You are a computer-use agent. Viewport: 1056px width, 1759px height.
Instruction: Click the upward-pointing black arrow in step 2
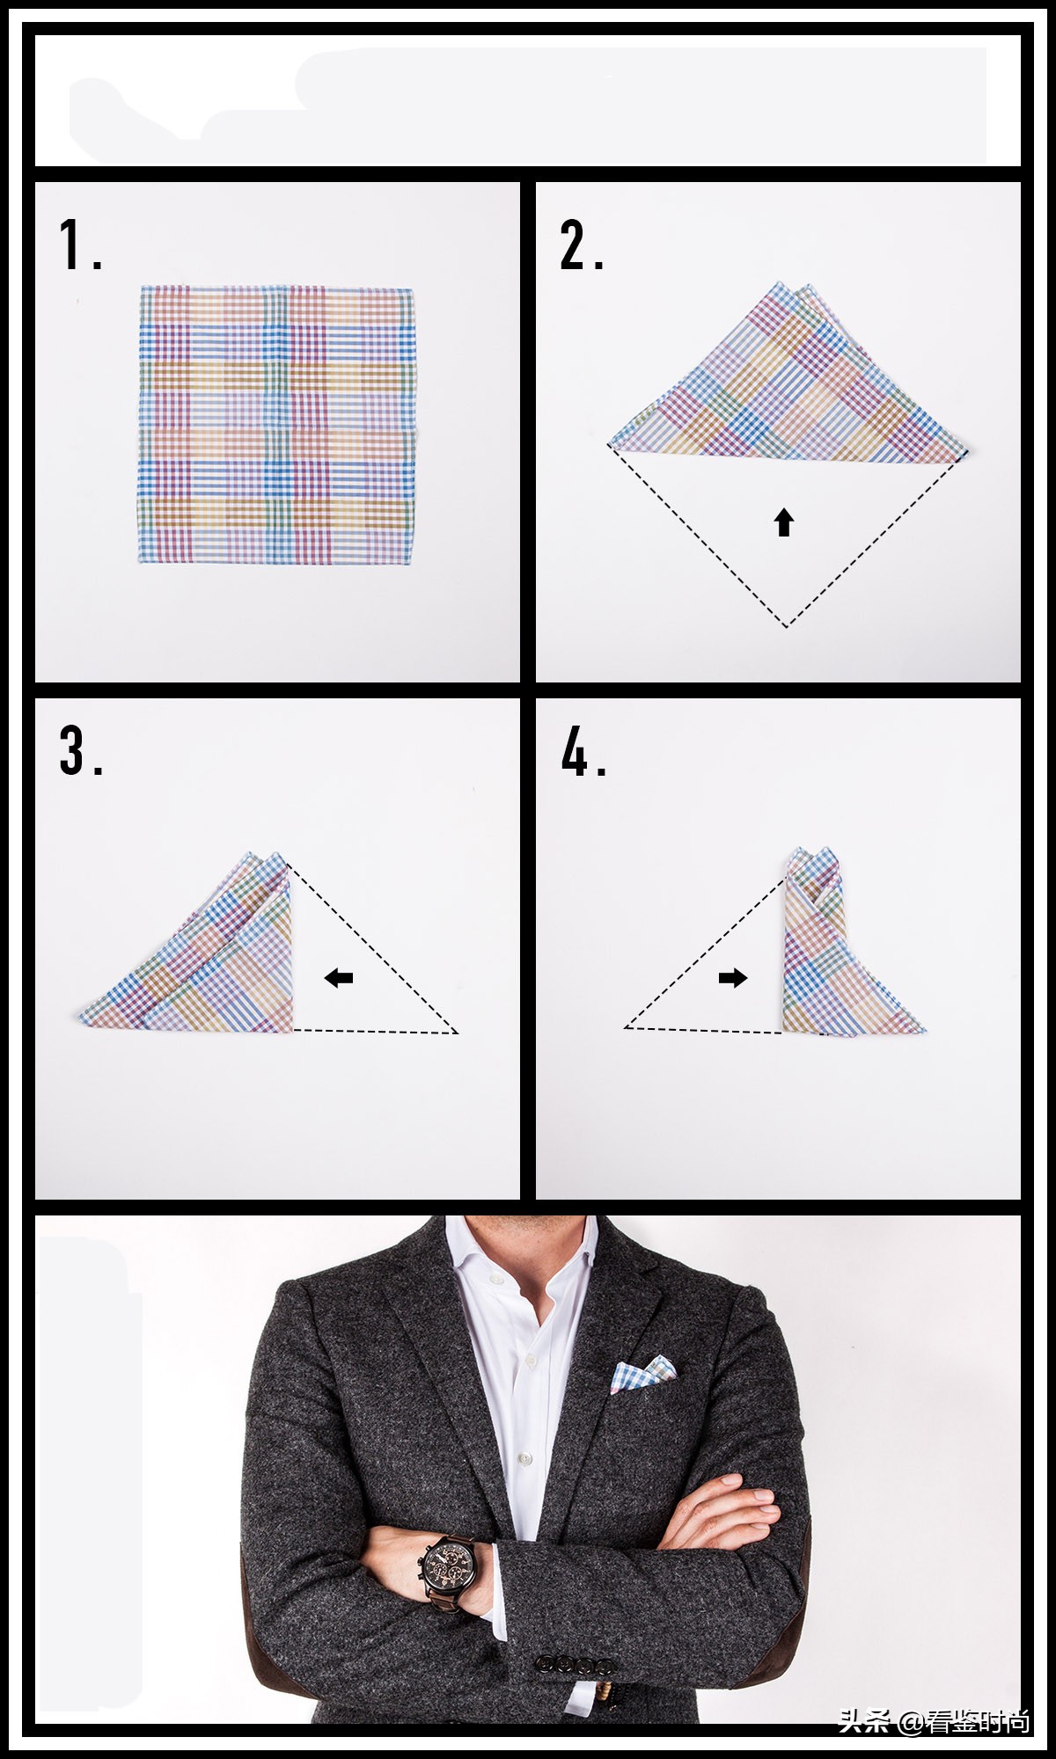click(784, 522)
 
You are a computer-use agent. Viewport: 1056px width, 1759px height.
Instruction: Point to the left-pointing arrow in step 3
click(339, 977)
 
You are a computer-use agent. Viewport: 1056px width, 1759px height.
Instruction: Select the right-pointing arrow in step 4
click(733, 977)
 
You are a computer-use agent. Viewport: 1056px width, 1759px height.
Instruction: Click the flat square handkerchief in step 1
click(276, 424)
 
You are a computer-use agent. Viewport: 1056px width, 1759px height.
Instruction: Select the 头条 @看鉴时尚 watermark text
click(934, 1721)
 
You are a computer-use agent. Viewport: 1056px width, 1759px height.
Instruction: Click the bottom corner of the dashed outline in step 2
click(788, 627)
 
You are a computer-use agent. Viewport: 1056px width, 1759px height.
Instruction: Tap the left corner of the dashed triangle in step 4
click(625, 1026)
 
